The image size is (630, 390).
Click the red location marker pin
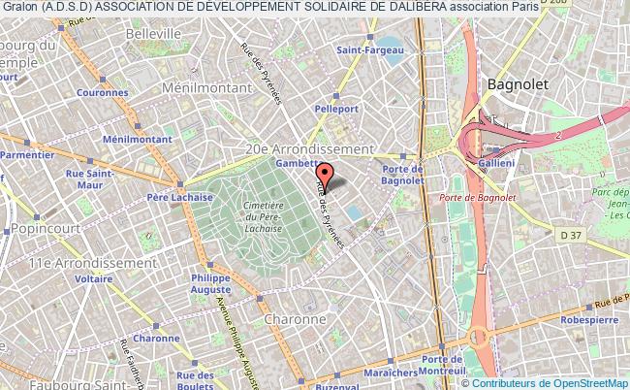click(x=325, y=177)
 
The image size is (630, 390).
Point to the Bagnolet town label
click(x=517, y=84)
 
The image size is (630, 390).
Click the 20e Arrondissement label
click(x=308, y=149)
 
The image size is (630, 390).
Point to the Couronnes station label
click(x=102, y=93)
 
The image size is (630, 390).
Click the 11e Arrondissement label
click(x=79, y=262)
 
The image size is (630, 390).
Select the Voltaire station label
click(x=94, y=277)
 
